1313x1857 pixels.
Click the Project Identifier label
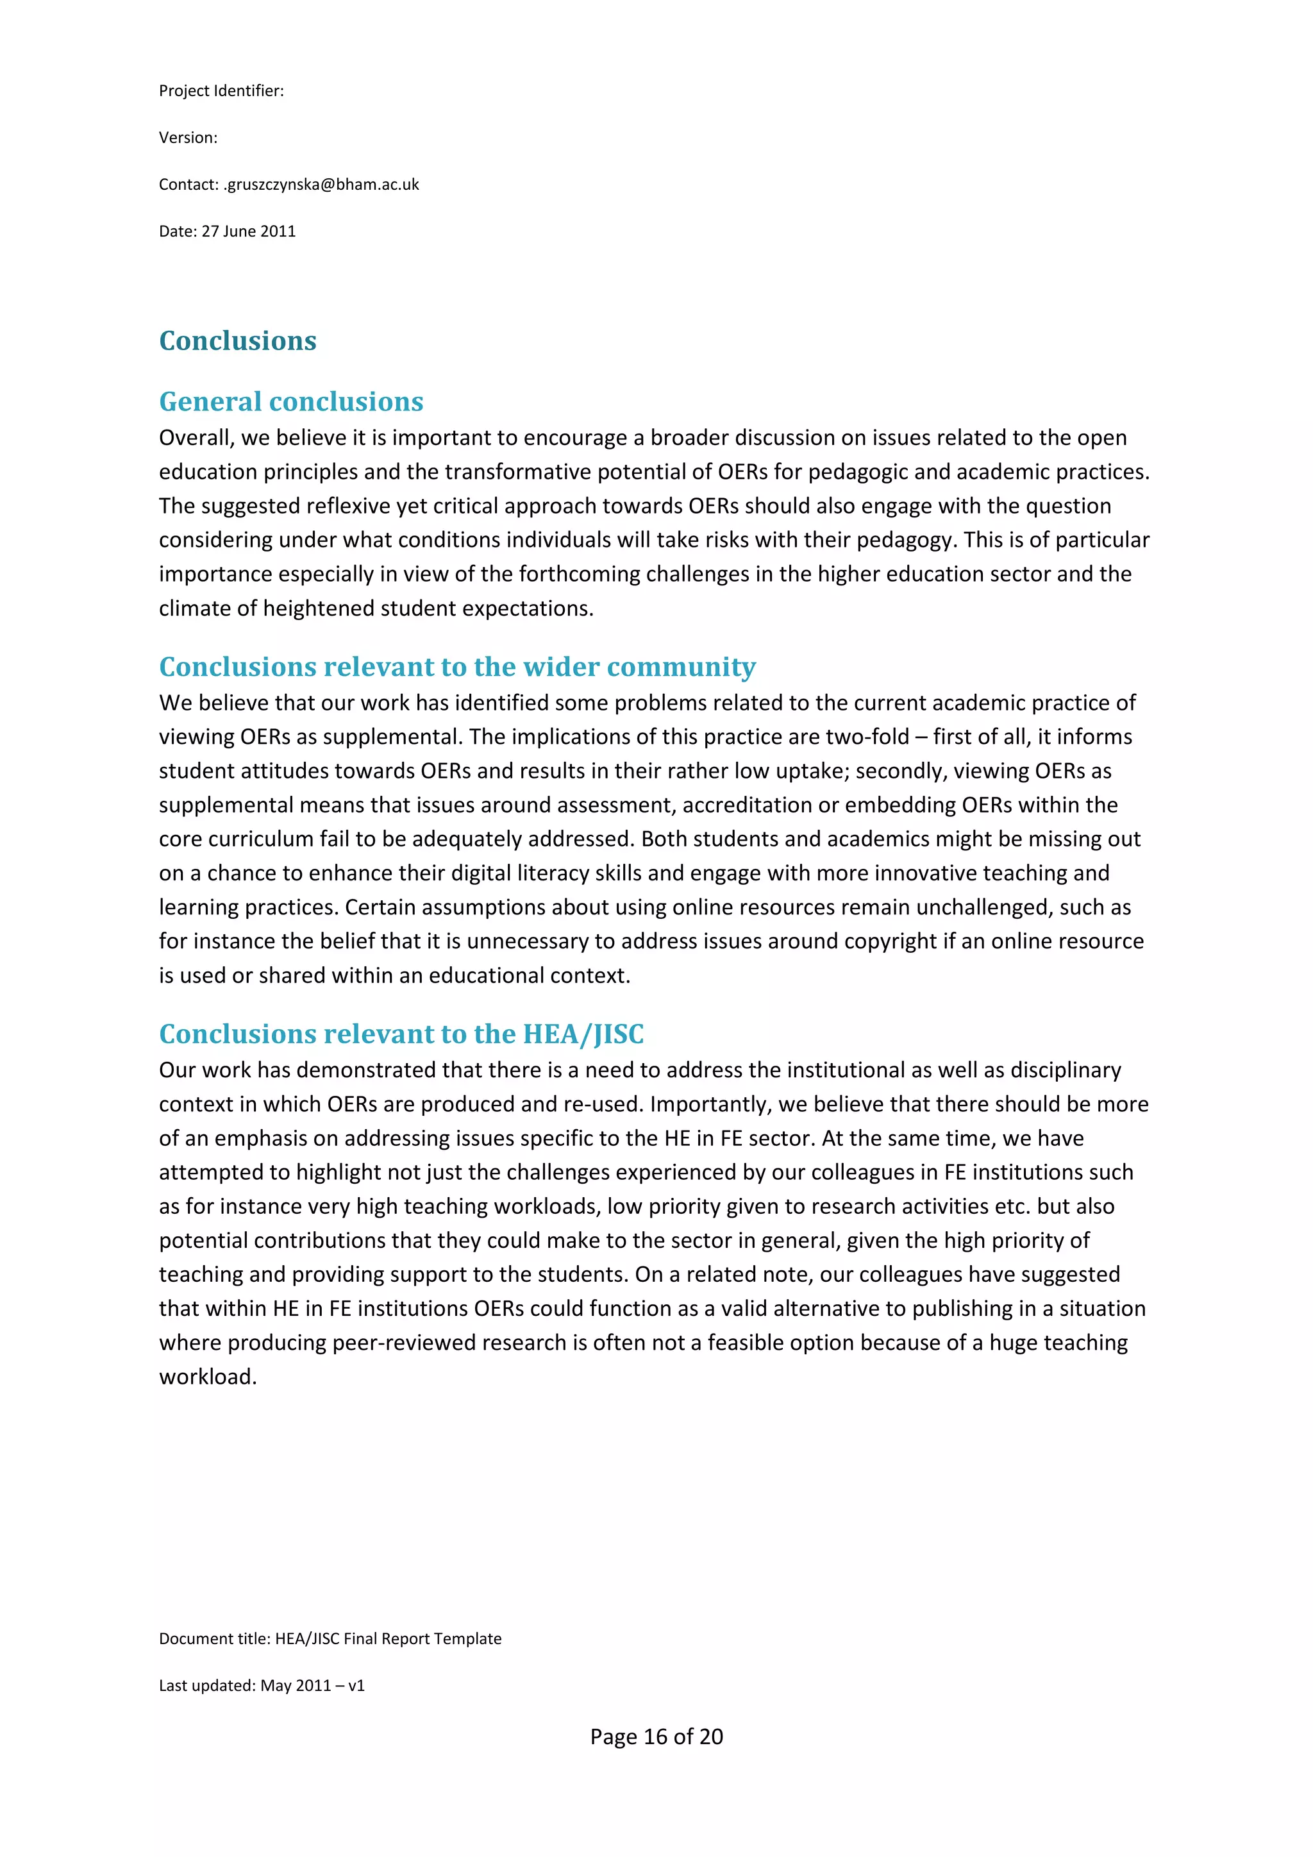[221, 90]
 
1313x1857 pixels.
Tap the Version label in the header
[188, 137]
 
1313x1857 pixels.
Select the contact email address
[321, 185]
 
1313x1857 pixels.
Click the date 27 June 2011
[248, 231]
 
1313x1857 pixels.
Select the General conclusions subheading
[291, 401]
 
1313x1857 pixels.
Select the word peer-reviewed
[408, 1343]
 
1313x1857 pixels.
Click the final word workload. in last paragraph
[208, 1377]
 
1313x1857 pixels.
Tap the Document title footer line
[330, 1638]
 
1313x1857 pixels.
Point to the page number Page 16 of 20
[656, 1736]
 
